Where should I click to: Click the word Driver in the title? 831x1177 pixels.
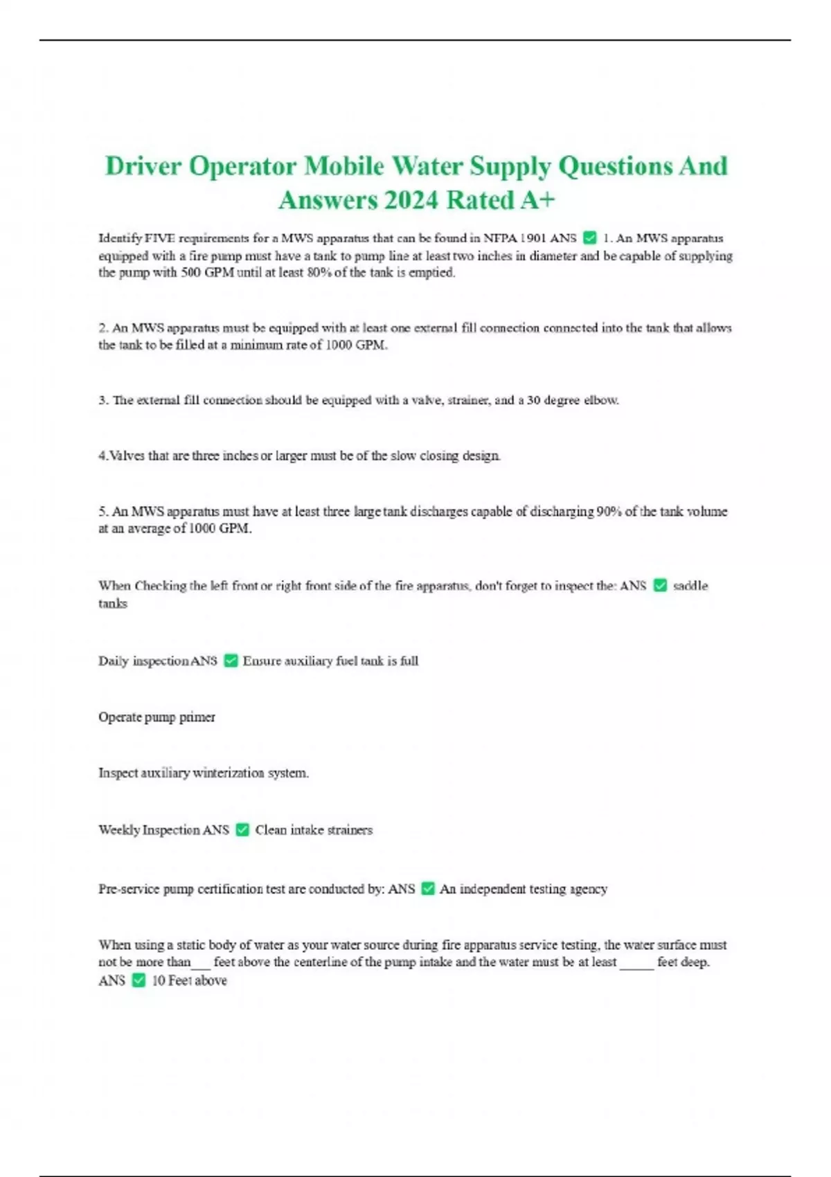[143, 167]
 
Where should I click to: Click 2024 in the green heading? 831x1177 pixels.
[411, 201]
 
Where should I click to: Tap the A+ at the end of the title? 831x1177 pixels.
[537, 201]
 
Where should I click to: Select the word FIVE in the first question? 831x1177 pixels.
[160, 238]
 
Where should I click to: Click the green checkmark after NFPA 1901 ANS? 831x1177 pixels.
[590, 238]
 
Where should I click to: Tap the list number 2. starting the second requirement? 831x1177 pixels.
[104, 328]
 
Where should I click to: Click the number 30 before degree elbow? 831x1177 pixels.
[533, 400]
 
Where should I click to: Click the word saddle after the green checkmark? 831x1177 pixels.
[690, 586]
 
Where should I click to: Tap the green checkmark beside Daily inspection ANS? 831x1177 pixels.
[231, 661]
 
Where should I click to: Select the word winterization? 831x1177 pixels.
[229, 773]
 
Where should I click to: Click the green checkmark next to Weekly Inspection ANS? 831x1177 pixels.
[242, 829]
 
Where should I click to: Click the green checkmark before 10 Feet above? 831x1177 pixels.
[138, 980]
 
